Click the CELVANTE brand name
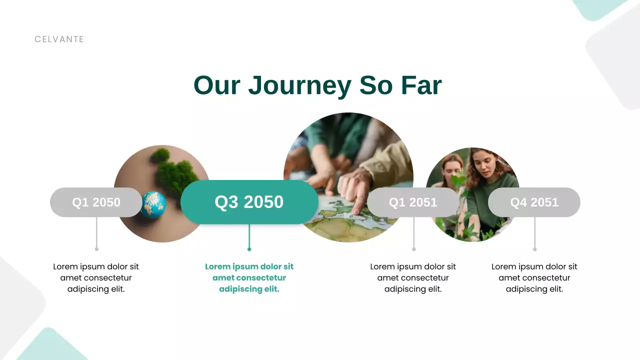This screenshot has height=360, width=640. click(59, 39)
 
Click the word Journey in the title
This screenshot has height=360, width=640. click(300, 85)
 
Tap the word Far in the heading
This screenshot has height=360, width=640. click(421, 85)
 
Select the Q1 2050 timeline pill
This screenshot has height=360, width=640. click(96, 202)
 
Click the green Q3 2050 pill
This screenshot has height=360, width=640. click(249, 202)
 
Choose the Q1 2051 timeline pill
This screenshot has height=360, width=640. click(413, 202)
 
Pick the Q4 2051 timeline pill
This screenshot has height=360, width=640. click(534, 202)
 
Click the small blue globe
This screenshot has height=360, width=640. click(153, 205)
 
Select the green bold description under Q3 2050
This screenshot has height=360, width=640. click(249, 277)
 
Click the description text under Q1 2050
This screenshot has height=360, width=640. click(96, 277)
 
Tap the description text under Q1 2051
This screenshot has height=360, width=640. click(413, 277)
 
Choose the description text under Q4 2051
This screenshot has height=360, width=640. click(534, 277)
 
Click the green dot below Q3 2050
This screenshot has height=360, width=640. click(249, 249)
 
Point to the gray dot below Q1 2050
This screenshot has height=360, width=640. click(96, 249)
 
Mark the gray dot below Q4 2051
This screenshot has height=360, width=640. click(534, 249)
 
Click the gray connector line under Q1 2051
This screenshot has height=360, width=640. click(413, 232)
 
